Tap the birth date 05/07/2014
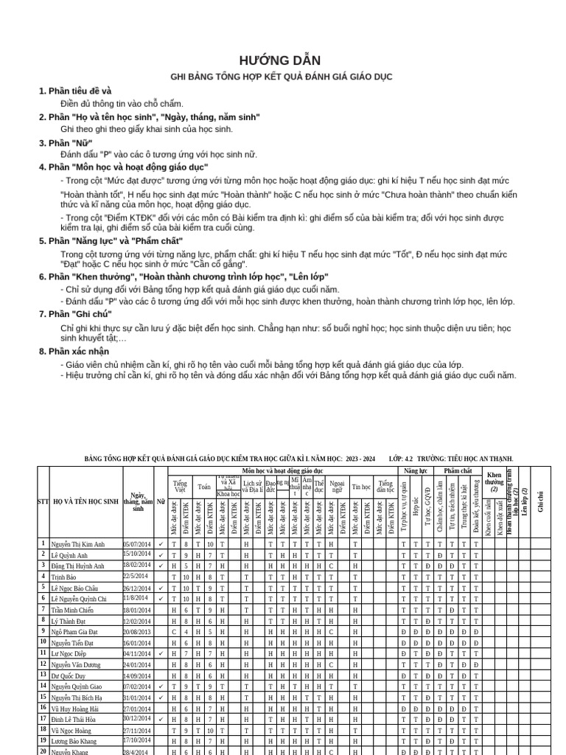click(x=137, y=544)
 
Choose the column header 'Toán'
click(x=204, y=487)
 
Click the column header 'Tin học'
click(x=361, y=487)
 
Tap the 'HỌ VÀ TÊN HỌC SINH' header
click(x=85, y=501)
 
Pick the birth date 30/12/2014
click(x=137, y=719)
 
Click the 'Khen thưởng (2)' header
click(x=494, y=483)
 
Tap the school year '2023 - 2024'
click(x=359, y=459)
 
